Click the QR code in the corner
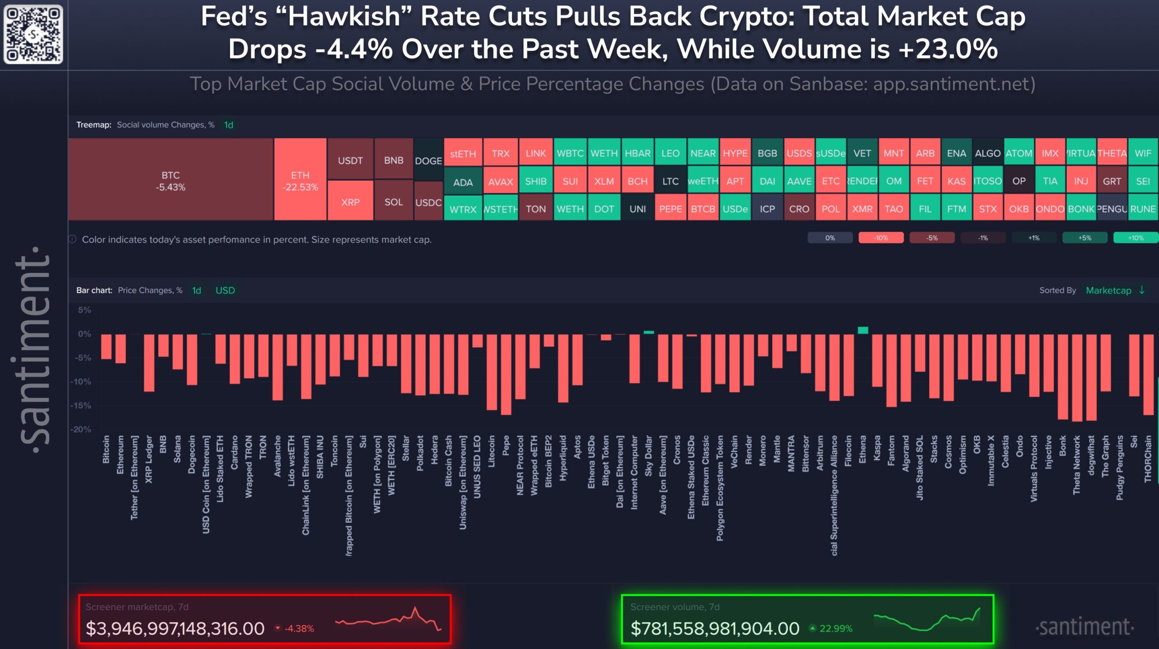[33, 34]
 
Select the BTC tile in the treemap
[171, 180]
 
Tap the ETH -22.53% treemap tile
[300, 180]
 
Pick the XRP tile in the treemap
[350, 201]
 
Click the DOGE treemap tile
[428, 160]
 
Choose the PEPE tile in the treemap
[670, 209]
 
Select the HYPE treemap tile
[735, 153]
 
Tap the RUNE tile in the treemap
[1143, 209]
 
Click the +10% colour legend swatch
[1135, 238]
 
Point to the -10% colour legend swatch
[881, 238]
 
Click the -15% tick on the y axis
[80, 405]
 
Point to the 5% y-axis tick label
[84, 310]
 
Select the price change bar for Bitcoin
[106, 347]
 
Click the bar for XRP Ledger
[149, 363]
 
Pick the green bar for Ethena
[863, 330]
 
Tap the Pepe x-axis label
[506, 445]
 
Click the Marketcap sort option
[1108, 290]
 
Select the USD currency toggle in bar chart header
[225, 290]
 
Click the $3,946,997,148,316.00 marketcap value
[175, 628]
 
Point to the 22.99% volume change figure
[835, 628]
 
